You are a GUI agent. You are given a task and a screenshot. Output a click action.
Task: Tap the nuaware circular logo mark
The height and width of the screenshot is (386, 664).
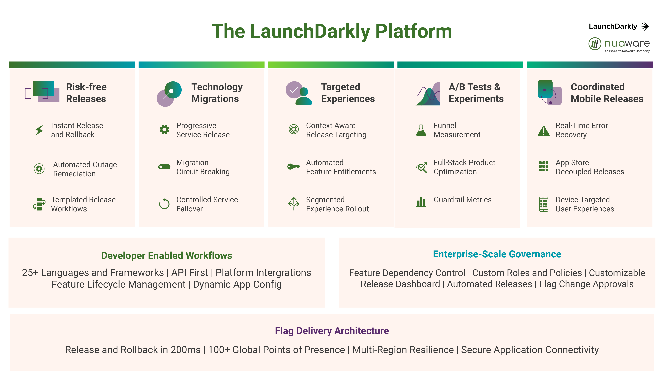tap(595, 44)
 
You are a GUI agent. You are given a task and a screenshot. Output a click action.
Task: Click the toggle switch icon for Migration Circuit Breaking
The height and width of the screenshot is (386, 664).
tap(164, 167)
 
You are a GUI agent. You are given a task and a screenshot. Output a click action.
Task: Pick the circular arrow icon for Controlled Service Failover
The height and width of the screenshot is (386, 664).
tap(164, 204)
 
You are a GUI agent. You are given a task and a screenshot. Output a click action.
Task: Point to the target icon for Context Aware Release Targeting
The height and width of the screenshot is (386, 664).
tap(294, 129)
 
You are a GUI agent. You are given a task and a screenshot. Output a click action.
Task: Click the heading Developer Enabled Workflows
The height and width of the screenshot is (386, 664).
tap(167, 256)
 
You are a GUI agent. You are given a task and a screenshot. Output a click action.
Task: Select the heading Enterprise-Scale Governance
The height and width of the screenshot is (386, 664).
tap(497, 254)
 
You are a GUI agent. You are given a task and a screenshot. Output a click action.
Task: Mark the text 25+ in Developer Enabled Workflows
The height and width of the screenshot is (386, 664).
tap(30, 273)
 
